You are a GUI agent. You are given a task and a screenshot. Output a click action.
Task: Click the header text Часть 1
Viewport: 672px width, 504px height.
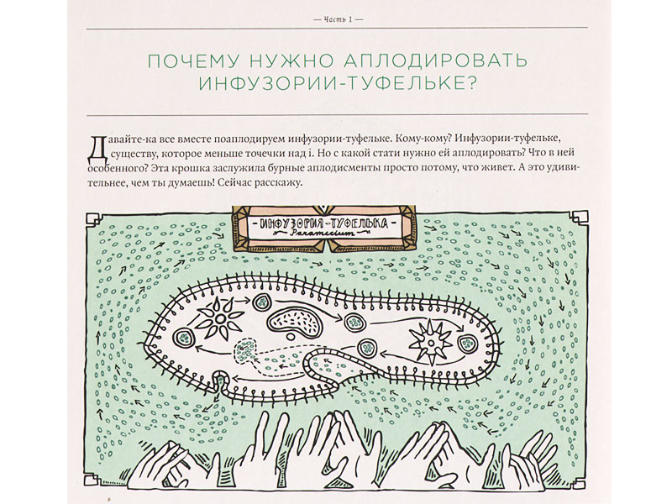(338, 19)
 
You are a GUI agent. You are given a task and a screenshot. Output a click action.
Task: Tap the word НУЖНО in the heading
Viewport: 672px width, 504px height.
(292, 60)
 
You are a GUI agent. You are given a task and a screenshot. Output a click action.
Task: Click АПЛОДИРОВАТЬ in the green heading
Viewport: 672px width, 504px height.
(436, 60)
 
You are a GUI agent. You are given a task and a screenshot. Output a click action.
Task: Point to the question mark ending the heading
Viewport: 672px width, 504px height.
(470, 84)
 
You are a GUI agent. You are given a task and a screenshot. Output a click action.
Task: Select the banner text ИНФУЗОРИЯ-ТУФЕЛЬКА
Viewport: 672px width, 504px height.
(325, 223)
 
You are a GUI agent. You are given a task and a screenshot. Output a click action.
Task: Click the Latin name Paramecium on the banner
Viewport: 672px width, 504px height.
(324, 234)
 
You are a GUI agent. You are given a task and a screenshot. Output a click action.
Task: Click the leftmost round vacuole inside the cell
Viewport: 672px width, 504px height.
(183, 339)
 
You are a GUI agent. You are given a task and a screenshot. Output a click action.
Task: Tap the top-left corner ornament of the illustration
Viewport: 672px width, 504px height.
(93, 218)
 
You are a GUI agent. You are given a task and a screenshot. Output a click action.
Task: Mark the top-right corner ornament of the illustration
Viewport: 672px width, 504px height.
(580, 218)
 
